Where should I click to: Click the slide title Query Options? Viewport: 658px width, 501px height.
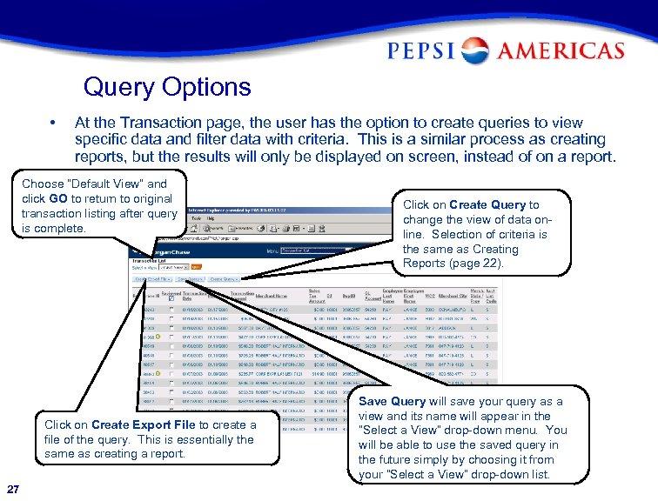[x=167, y=87]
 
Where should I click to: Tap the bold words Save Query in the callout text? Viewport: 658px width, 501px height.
[x=392, y=402]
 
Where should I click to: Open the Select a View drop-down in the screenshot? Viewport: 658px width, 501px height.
[x=173, y=267]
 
